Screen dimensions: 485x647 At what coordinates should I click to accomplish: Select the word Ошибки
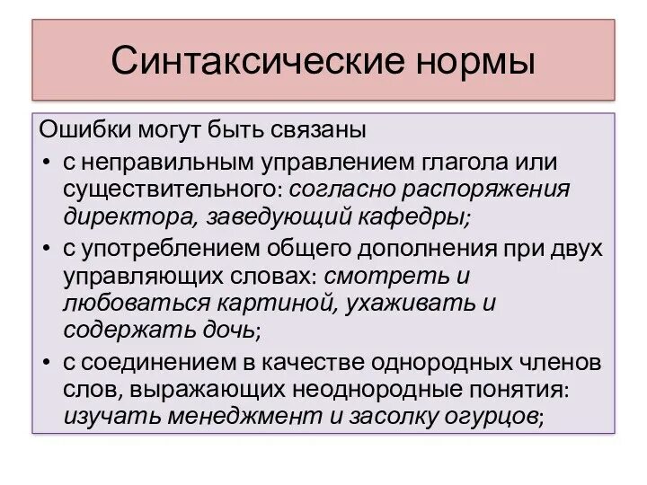[85, 129]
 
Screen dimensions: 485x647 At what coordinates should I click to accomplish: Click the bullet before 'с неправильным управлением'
[46, 163]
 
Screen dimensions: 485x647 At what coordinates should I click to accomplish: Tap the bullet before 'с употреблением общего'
[46, 249]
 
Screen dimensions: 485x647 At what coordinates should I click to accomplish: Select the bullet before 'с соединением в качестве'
[46, 362]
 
